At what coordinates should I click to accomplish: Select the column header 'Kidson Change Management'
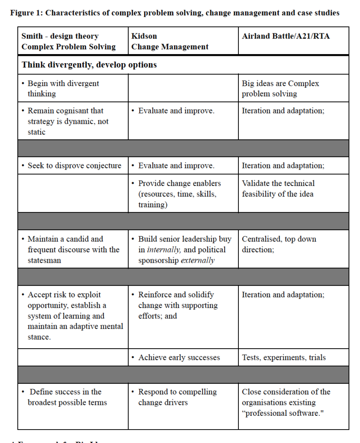(x=170, y=42)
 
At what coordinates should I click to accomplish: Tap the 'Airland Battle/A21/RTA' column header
(x=286, y=36)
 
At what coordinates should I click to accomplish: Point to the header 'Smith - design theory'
(x=60, y=36)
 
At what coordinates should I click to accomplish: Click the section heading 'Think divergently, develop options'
(x=89, y=65)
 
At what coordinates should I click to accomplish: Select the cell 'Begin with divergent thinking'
(x=63, y=88)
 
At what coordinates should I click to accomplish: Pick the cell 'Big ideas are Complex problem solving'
(x=280, y=88)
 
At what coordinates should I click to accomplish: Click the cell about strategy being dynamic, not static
(x=68, y=121)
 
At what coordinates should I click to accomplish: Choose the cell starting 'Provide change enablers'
(x=180, y=194)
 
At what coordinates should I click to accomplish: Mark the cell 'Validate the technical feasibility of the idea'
(x=278, y=189)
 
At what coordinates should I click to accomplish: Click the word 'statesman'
(x=45, y=260)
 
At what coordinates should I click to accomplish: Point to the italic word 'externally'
(x=198, y=260)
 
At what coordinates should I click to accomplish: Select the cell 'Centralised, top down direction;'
(x=279, y=244)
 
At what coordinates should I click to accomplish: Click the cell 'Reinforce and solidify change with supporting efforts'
(x=178, y=305)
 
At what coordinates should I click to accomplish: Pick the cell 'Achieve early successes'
(x=179, y=357)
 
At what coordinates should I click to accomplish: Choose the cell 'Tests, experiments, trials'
(x=284, y=357)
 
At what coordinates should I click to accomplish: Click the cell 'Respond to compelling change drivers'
(x=177, y=397)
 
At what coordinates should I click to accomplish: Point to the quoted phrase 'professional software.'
(x=283, y=413)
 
